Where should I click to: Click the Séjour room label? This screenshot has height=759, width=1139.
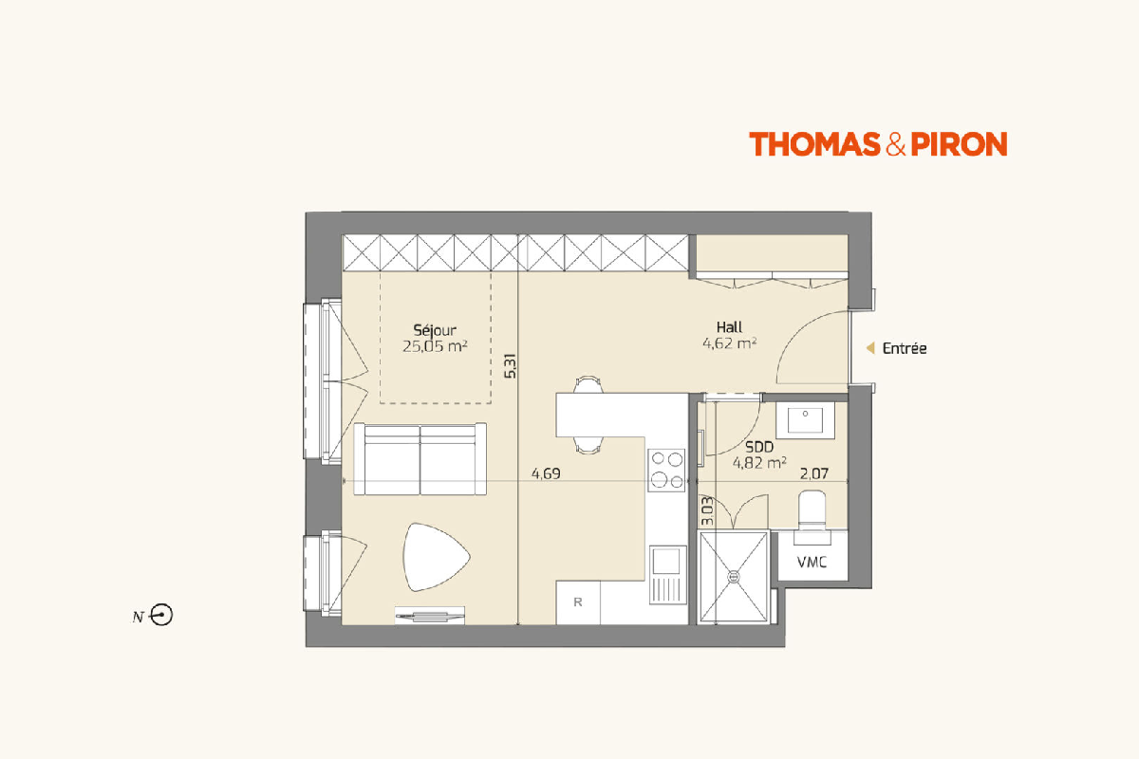[x=435, y=331]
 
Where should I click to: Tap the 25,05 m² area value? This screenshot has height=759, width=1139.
[x=435, y=346]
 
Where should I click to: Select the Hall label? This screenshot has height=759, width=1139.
[x=729, y=327]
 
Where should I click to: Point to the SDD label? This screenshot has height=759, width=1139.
[x=759, y=448]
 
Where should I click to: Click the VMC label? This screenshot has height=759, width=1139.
[x=812, y=563]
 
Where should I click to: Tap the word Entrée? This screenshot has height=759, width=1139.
[x=905, y=348]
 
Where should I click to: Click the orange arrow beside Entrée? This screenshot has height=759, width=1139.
[x=870, y=348]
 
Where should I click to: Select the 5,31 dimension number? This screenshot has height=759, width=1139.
[x=511, y=366]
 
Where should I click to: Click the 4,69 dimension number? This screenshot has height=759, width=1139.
[x=546, y=473]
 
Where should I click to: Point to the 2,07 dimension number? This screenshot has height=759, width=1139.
[x=814, y=473]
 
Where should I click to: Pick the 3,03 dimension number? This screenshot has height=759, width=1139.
[x=707, y=511]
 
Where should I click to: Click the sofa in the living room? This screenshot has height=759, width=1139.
[x=420, y=459]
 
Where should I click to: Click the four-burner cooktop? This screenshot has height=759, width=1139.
[x=666, y=471]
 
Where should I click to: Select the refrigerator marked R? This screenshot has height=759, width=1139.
[x=578, y=602]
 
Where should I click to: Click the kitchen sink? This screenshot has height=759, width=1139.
[x=667, y=575]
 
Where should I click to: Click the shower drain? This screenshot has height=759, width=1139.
[x=734, y=577]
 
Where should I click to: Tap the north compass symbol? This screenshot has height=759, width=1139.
[x=162, y=615]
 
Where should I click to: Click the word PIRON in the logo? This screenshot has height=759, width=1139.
[x=959, y=144]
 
